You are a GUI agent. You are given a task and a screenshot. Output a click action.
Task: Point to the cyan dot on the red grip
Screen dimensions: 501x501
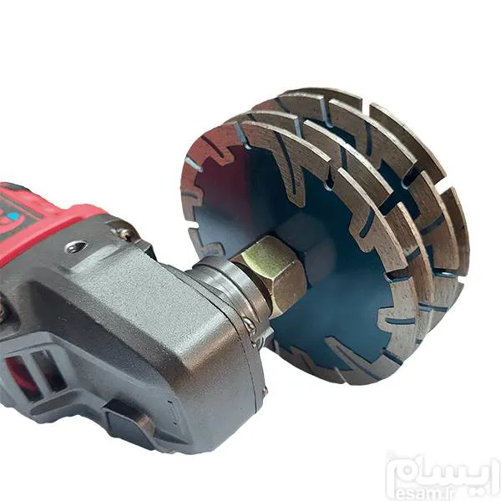(13, 217)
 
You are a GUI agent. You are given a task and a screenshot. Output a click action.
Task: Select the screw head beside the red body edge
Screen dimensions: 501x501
(124, 233)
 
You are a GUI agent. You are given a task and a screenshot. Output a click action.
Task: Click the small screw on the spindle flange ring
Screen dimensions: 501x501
(250, 325)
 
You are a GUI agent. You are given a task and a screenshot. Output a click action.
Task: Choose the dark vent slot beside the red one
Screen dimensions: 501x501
(48, 371)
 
